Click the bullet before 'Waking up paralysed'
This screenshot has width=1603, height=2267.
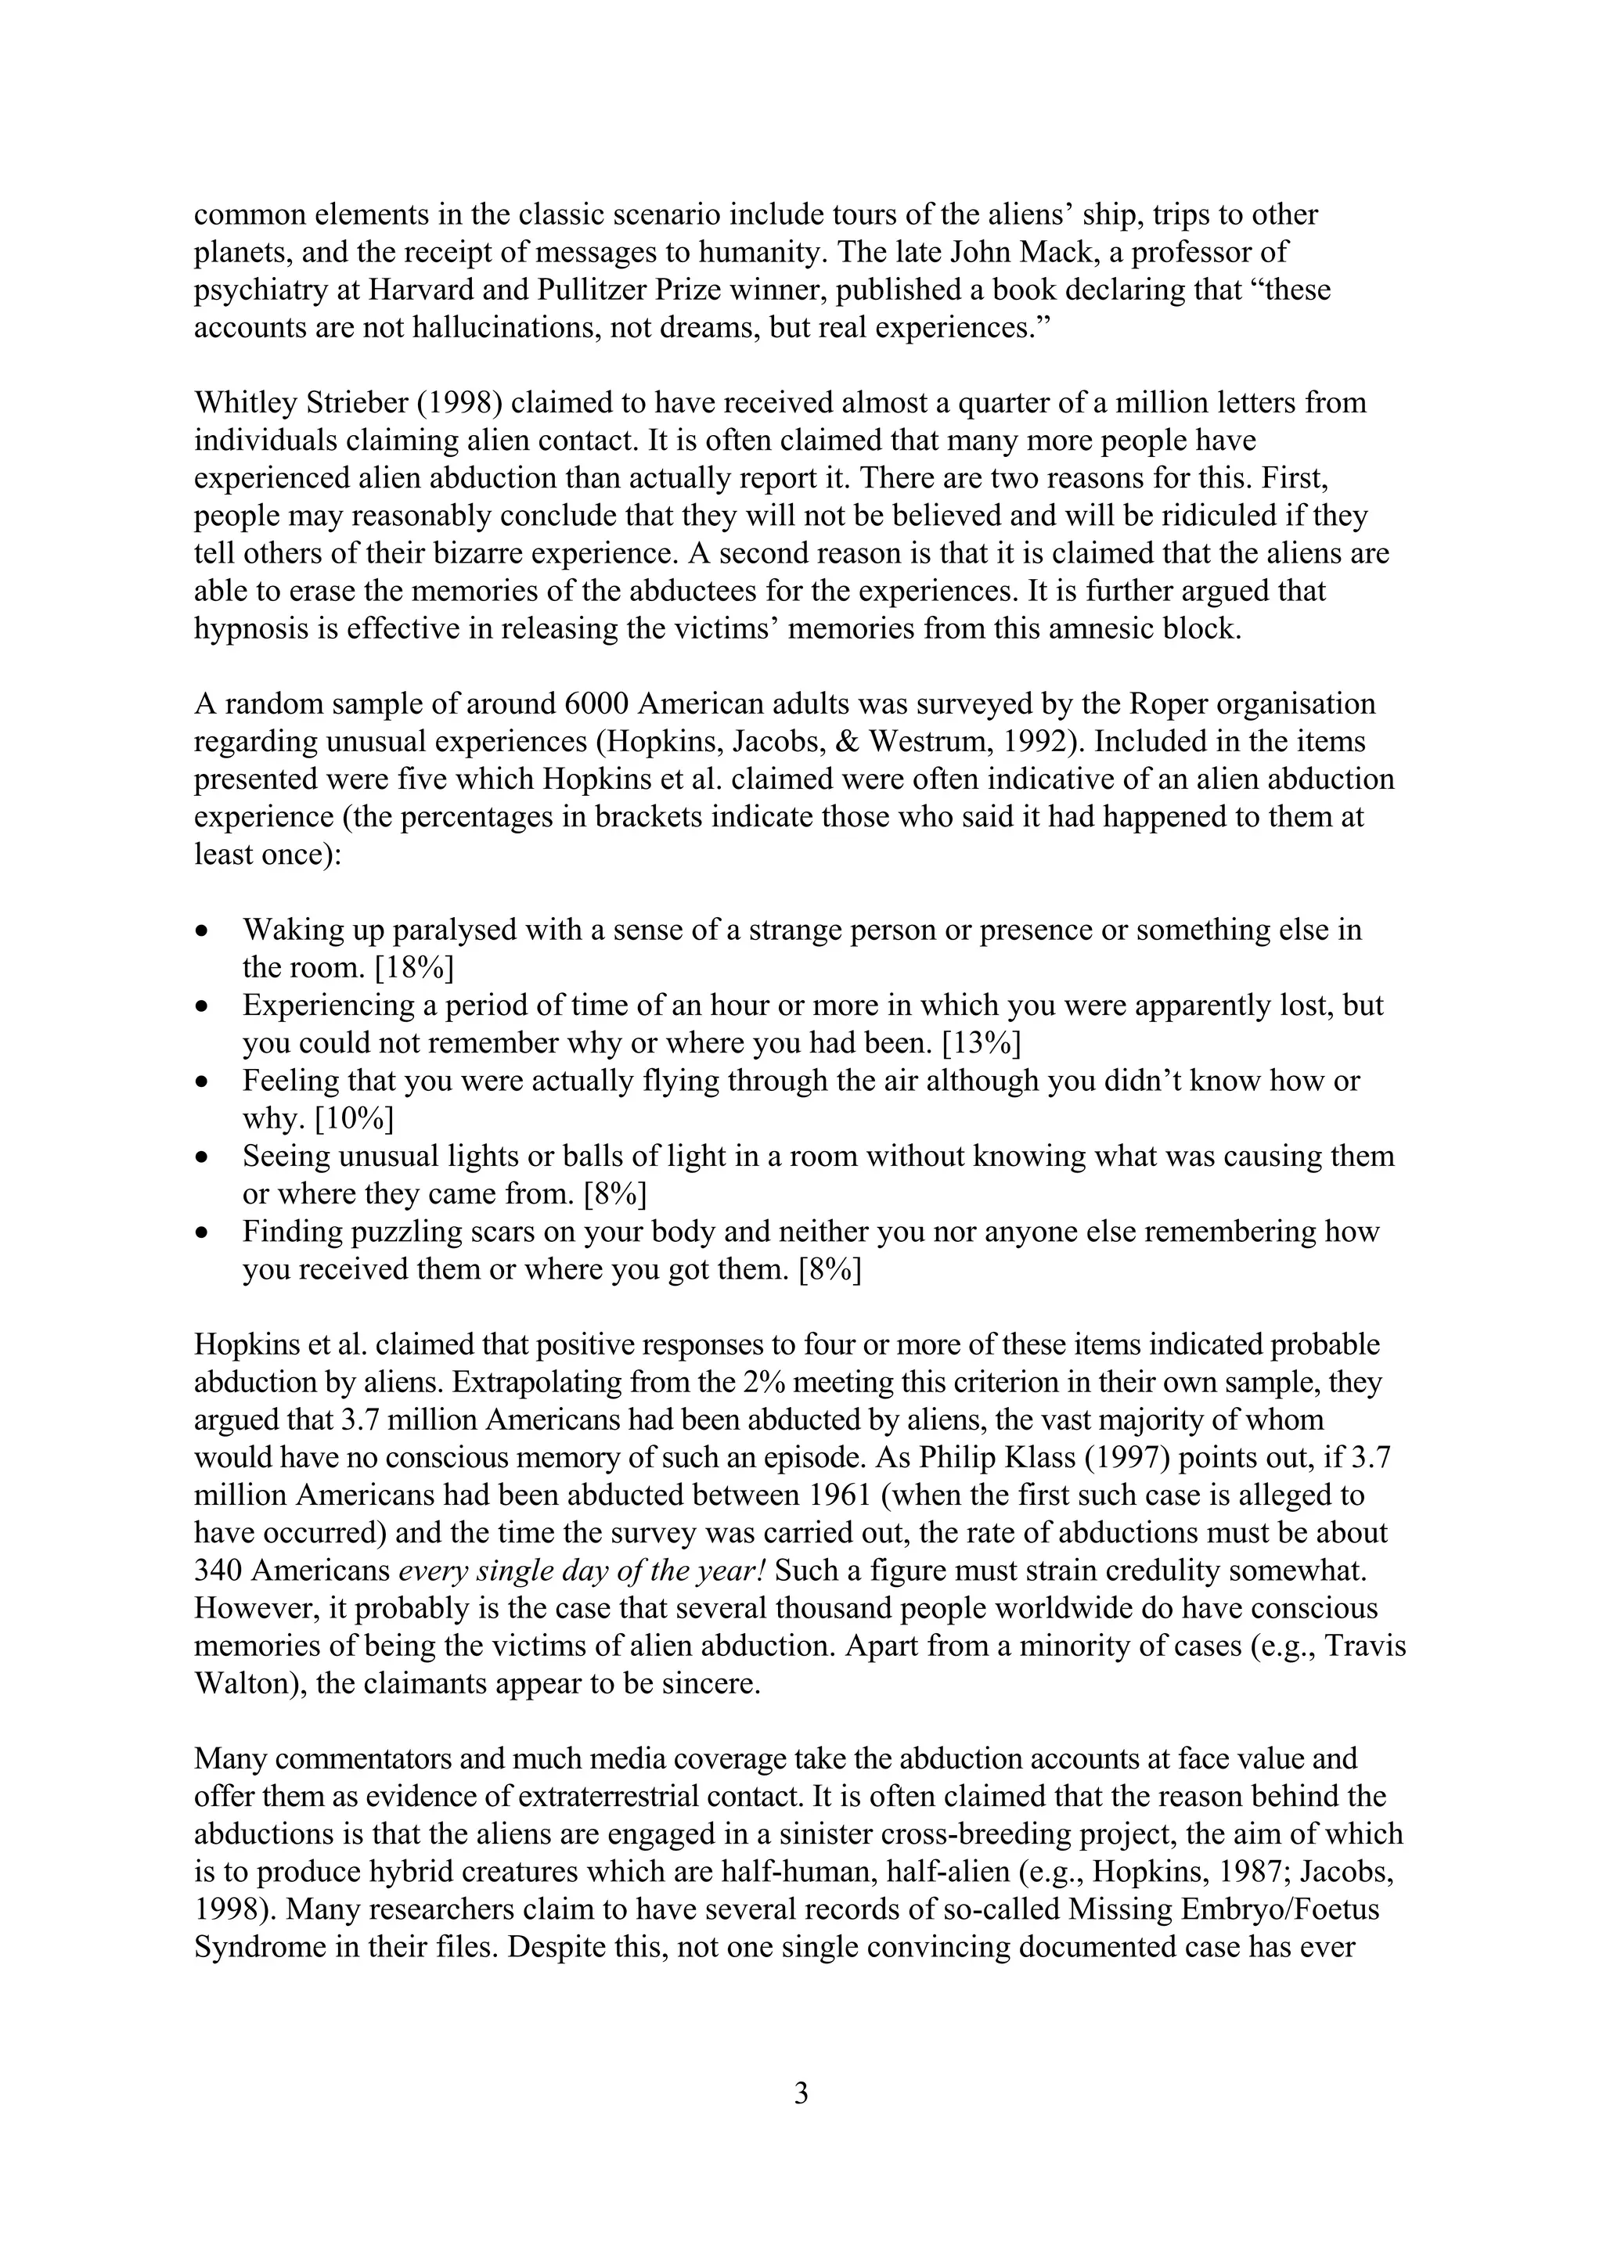(203, 931)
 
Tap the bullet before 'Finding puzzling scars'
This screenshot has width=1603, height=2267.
(203, 1233)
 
